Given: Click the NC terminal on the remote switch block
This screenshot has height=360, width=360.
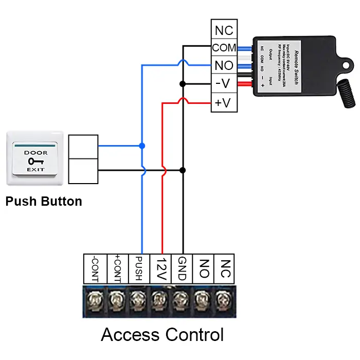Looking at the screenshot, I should coord(224,30).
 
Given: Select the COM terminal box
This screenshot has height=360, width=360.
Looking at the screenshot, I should coord(224,48).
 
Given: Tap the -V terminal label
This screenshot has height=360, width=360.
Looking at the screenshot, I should coord(224,84).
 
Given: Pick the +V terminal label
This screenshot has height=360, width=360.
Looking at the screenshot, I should coord(224,102).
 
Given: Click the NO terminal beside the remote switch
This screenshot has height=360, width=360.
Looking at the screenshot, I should coord(224,66).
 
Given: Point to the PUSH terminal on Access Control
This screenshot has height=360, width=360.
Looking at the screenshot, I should coord(137,268).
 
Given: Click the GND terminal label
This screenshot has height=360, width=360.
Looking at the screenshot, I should coord(181,268).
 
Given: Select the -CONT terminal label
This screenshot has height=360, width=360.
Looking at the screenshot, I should coord(94,268).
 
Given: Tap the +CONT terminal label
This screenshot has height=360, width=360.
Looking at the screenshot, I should coord(116,268).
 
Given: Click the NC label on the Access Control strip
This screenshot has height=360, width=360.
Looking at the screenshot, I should coord(224,268).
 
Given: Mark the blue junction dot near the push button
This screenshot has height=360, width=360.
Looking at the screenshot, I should coord(142,146).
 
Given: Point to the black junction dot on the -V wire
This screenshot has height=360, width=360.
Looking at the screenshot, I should coord(182,83).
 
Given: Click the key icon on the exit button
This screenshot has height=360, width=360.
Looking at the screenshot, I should coord(35,161).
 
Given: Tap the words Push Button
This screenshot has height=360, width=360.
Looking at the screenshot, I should coord(44,201).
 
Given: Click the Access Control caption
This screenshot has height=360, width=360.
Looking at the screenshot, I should coord(162,335).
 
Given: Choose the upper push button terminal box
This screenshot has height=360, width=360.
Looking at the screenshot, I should coord(83,147).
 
